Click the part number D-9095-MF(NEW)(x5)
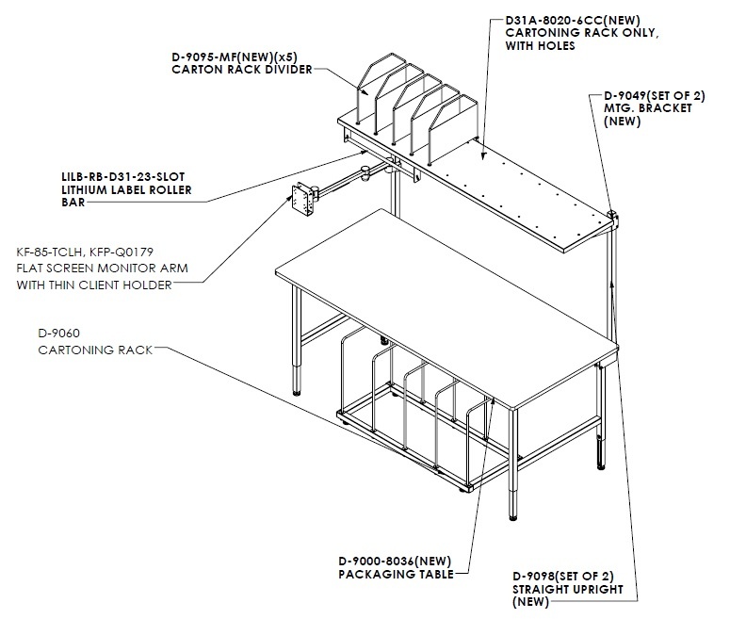point(235,57)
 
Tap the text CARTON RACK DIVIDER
point(242,70)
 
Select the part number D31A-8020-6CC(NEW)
point(573,21)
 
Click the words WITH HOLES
point(540,45)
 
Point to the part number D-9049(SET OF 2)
point(655,96)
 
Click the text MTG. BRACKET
point(648,108)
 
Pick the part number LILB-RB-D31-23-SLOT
point(122,177)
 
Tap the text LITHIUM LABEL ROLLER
point(126,189)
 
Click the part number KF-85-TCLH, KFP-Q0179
point(85,252)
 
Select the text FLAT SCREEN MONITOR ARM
point(103,269)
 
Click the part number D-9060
point(59,334)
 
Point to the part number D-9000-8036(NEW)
point(395,562)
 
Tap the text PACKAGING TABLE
point(397,575)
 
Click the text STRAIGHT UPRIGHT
point(568,589)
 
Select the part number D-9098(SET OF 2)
point(563,577)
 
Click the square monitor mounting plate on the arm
point(300,199)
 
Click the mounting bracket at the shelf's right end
point(613,220)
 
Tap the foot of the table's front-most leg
point(512,516)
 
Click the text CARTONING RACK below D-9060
point(95,350)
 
